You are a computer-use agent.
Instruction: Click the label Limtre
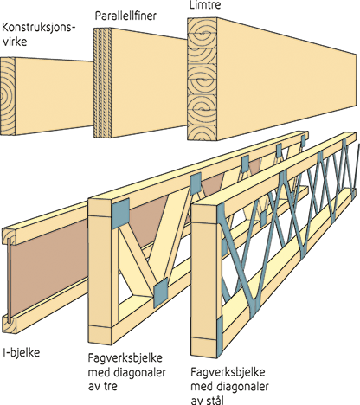(205, 5)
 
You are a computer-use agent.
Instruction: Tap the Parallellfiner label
(125, 16)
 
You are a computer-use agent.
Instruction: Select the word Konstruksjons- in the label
(39, 28)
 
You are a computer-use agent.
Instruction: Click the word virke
(15, 42)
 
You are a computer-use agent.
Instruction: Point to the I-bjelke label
(22, 352)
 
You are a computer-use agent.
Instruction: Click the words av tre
(103, 386)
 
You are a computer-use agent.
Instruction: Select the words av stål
(208, 400)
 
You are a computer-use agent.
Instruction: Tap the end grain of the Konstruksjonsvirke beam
(7, 96)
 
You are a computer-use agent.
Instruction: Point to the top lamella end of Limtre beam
(201, 29)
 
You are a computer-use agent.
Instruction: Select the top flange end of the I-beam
(10, 235)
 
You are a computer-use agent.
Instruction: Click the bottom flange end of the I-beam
(10, 324)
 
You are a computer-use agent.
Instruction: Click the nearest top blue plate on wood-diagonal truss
(120, 214)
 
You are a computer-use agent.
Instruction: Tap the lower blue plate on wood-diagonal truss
(160, 292)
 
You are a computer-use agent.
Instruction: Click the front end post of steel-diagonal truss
(204, 280)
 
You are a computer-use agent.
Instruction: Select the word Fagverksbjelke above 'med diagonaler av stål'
(228, 372)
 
